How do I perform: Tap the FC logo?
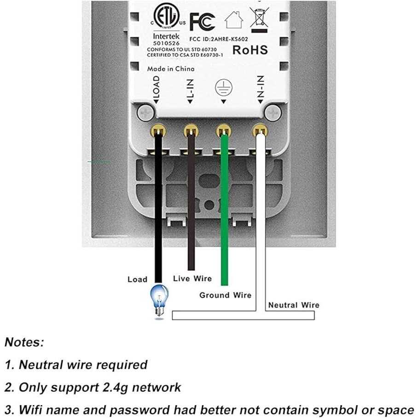[202, 21]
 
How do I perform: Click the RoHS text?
[250, 50]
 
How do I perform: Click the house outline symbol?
[233, 20]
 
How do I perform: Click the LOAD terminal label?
[156, 88]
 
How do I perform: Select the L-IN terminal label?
[190, 90]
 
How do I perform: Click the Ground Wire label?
[225, 295]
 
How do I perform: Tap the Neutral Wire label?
[294, 305]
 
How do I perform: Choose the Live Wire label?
[192, 279]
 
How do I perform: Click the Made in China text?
[170, 69]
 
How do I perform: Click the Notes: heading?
[24, 342]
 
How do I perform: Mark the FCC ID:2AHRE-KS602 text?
[219, 40]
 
